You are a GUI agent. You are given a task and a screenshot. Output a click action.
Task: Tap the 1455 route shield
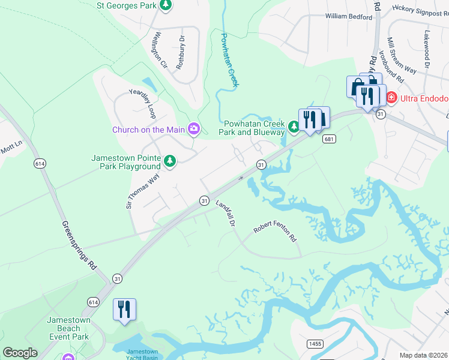[314, 343]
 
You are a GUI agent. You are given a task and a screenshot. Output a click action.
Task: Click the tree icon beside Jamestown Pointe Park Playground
[170, 161]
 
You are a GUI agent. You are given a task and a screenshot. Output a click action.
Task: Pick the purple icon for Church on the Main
[194, 129]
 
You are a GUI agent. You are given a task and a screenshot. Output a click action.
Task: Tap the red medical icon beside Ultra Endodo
[391, 97]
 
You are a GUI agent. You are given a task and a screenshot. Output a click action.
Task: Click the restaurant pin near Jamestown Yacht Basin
[124, 310]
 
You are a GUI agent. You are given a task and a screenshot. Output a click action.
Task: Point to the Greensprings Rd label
[80, 245]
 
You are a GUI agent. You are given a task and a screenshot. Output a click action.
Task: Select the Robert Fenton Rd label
[276, 230]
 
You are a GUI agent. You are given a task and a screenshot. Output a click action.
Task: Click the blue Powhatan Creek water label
[229, 60]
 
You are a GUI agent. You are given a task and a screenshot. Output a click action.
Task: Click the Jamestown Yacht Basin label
[143, 354]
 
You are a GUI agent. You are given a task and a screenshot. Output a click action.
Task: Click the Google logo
[20, 353]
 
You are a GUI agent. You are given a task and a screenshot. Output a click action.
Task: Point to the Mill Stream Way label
[401, 56]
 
